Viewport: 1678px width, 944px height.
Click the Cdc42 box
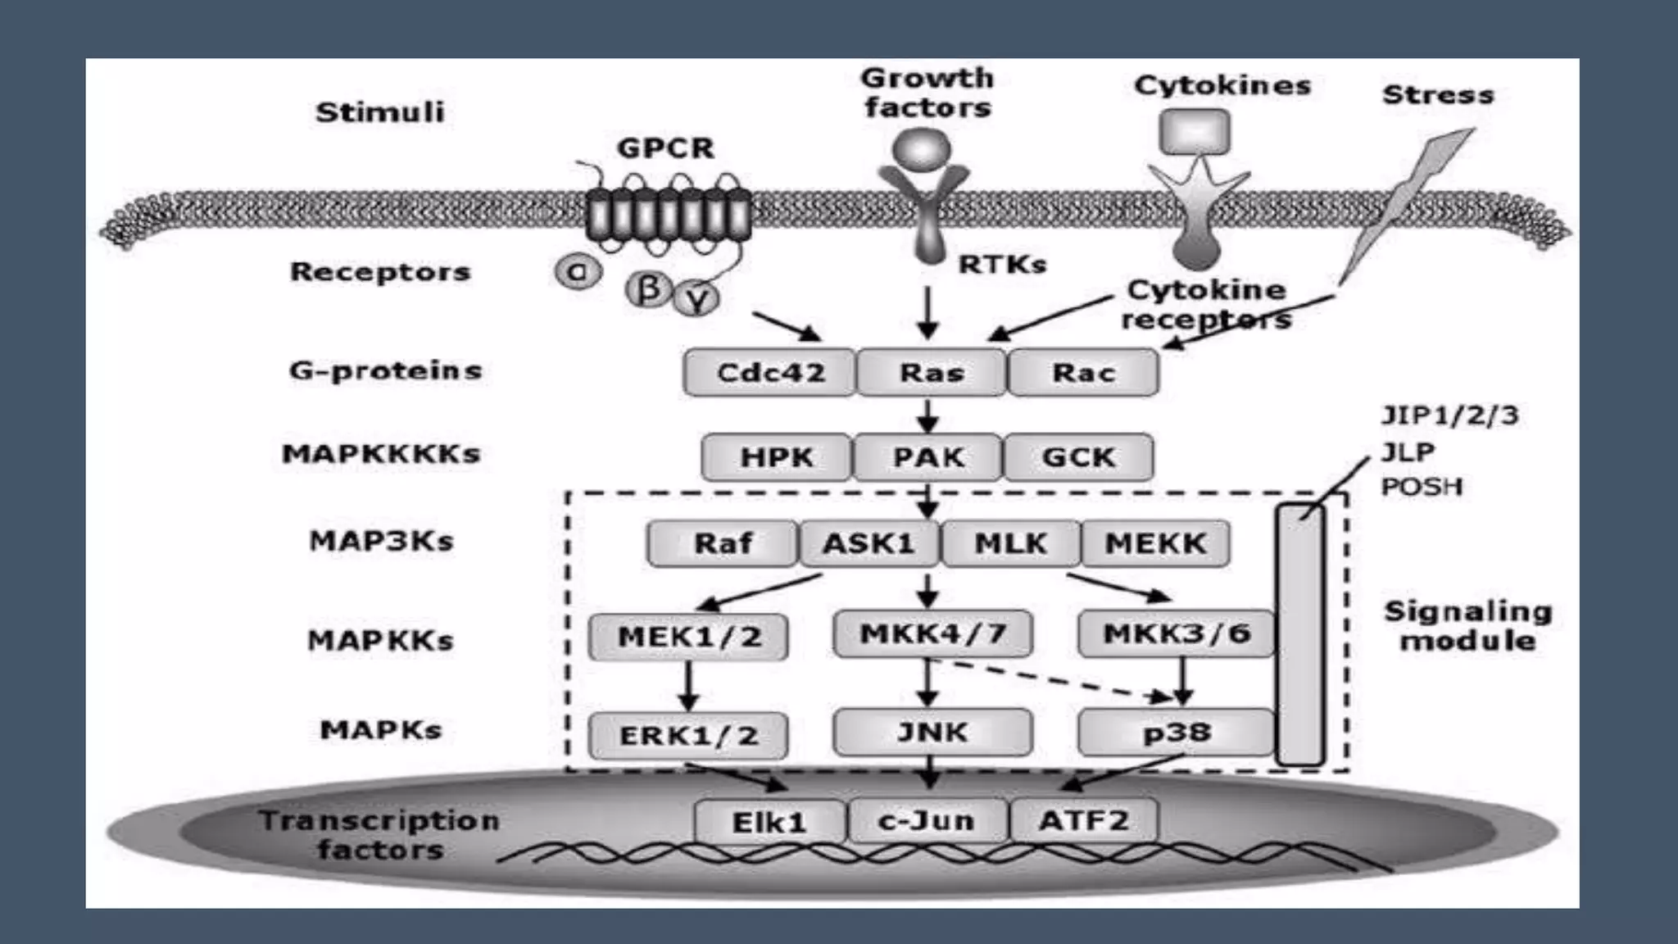tap(769, 373)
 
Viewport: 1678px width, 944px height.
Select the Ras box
tap(931, 373)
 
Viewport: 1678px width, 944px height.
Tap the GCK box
tap(1078, 457)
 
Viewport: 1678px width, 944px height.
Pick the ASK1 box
tap(868, 543)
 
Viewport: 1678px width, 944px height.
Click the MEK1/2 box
tap(688, 637)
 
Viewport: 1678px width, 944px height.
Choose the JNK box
tap(932, 732)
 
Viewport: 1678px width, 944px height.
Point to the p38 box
tap(1176, 732)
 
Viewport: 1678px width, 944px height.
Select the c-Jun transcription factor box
tap(927, 820)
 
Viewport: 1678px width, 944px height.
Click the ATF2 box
tap(1083, 820)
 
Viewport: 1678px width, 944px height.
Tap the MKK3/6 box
tap(1177, 633)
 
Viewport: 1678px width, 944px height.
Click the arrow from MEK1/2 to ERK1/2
tap(688, 686)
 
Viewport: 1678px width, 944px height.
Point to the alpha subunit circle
tap(578, 271)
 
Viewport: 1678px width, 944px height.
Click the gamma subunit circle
tap(697, 300)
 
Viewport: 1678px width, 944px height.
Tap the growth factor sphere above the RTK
tap(922, 150)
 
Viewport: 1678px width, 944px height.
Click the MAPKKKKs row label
tap(381, 454)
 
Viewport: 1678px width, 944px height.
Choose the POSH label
tap(1422, 487)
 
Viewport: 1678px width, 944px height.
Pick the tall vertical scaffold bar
tap(1300, 635)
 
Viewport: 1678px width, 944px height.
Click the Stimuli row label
tap(380, 112)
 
